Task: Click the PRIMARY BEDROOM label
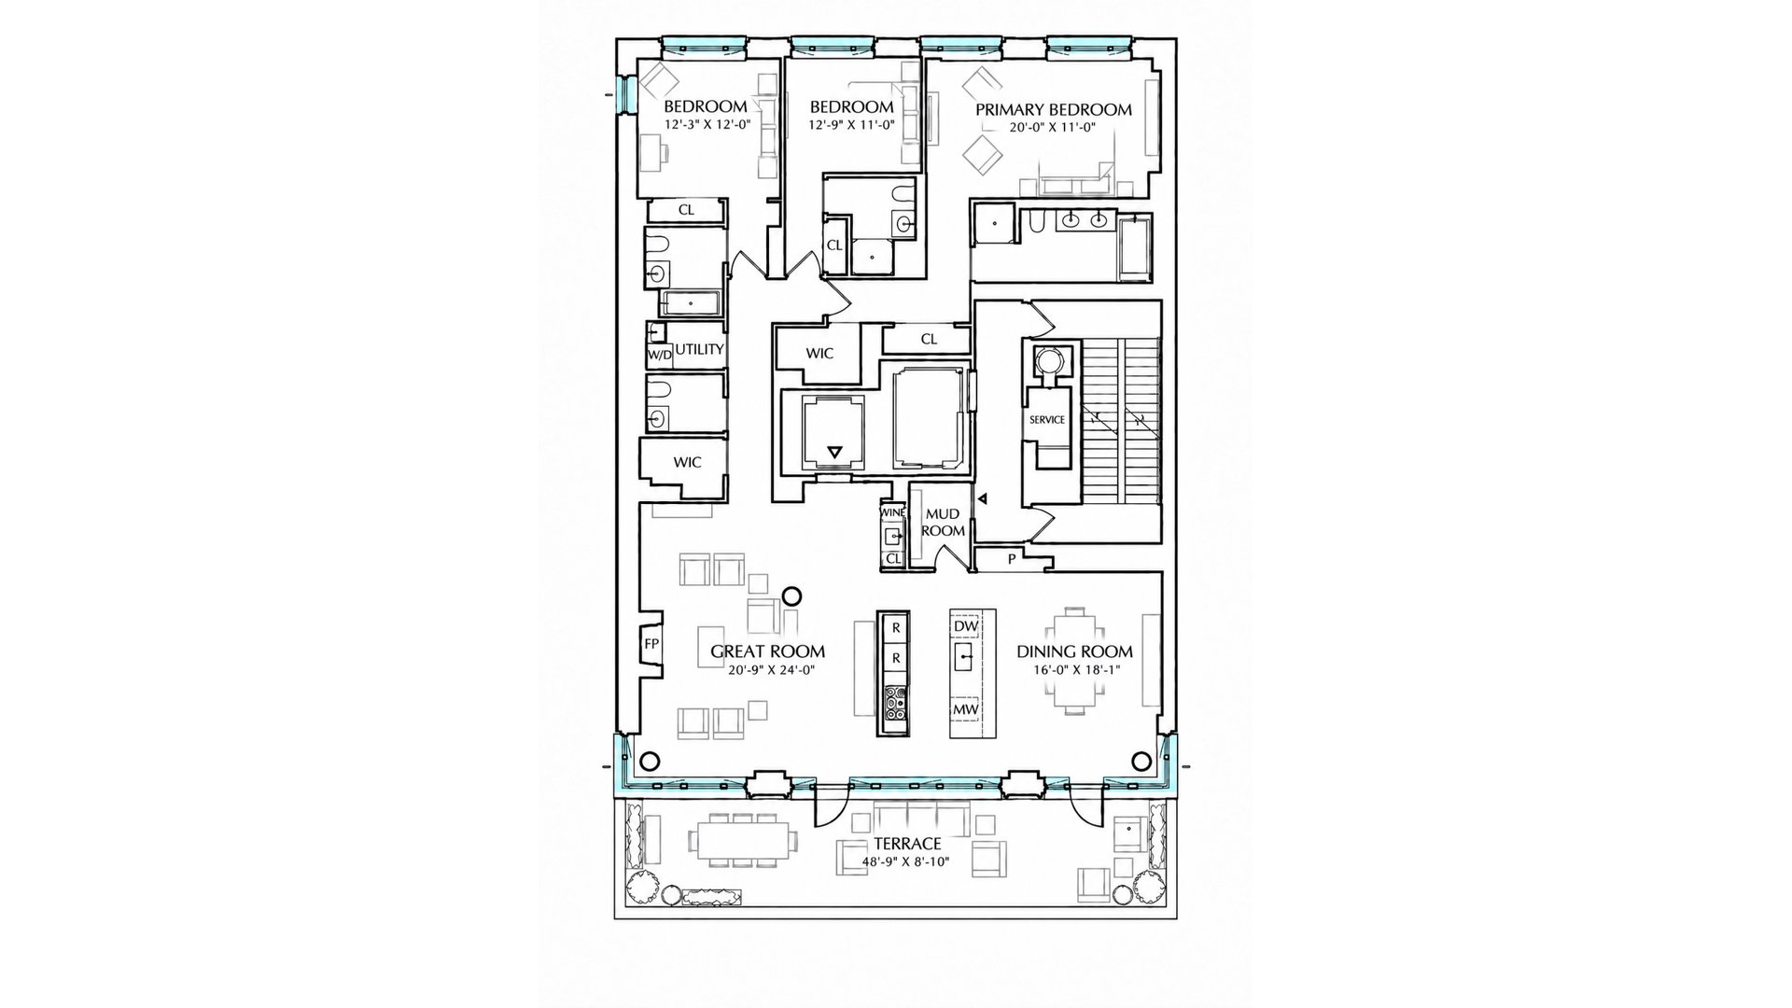1054,109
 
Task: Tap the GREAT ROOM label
767,651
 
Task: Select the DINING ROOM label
1074,651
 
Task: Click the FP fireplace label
651,644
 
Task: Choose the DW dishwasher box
965,625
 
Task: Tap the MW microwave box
965,710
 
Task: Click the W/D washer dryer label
659,356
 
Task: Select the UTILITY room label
699,350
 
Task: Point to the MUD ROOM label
943,522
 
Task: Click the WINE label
892,512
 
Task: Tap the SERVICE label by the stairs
1046,420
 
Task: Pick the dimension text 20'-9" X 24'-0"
767,669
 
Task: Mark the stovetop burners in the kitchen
894,703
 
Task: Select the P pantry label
1011,559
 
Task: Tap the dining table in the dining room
1074,661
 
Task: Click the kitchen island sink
965,658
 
